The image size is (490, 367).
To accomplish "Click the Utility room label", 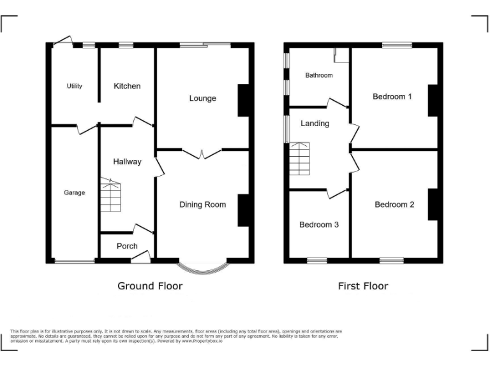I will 75,86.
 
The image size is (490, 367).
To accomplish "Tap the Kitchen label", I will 127,86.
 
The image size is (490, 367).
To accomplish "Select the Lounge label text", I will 202,98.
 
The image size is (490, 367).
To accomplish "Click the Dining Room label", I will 202,205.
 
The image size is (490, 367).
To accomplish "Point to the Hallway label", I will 127,162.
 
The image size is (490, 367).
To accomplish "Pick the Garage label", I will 74,192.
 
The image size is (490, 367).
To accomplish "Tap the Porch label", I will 127,247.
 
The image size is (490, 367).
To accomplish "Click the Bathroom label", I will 318,75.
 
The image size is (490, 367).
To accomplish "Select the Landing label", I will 315,124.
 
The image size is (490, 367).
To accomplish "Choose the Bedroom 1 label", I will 392,97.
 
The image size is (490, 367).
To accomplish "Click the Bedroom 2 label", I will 394,205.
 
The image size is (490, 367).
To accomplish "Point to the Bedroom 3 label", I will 319,225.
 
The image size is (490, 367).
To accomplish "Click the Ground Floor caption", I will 150,286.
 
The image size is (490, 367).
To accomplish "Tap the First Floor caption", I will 363,286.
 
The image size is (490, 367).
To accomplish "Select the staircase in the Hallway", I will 110,196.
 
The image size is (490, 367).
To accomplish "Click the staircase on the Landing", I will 299,159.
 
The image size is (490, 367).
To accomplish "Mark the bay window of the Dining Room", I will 202,266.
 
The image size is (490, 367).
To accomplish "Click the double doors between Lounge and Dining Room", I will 202,153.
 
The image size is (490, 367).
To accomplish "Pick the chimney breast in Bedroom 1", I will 432,100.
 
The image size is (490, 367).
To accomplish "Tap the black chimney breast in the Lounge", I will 243,100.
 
